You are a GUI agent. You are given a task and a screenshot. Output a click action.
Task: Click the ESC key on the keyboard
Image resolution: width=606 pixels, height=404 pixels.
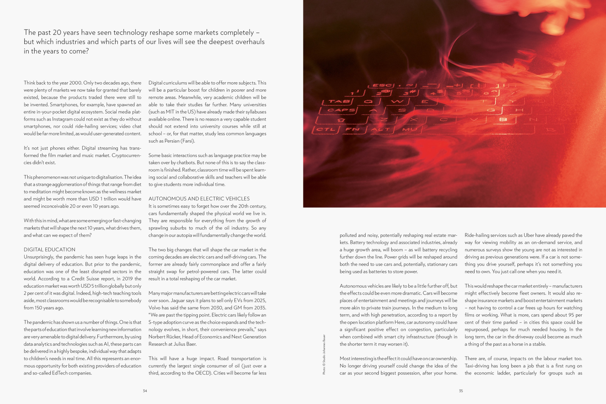[381, 85]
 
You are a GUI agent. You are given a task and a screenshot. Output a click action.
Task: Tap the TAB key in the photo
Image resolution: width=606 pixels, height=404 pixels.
[337, 101]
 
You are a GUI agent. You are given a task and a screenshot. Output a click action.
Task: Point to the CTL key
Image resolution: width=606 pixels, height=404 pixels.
[325, 129]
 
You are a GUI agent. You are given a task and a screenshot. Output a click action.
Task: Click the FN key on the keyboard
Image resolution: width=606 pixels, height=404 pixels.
[353, 129]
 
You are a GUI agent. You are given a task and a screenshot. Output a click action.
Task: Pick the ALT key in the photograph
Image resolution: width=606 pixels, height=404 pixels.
[380, 129]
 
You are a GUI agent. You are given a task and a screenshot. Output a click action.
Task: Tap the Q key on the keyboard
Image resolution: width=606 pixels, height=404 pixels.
[368, 101]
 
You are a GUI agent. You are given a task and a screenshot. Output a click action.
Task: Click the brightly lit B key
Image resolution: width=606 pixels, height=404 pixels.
[503, 120]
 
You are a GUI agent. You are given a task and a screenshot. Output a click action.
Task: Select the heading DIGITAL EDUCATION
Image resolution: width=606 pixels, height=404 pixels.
[49, 249]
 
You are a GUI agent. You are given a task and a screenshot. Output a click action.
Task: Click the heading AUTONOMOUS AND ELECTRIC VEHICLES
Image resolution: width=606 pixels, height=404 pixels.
[199, 199]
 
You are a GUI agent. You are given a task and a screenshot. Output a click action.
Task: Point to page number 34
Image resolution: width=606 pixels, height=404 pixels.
[145, 391]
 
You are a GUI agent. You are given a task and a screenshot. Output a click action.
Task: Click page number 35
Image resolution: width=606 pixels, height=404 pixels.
[461, 391]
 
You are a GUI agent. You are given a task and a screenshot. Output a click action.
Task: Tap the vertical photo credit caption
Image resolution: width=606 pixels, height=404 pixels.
[324, 354]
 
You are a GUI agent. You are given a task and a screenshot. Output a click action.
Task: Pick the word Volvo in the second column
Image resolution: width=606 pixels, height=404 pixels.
[155, 308]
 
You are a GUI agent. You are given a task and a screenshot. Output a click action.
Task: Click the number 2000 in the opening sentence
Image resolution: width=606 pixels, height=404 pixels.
[75, 83]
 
